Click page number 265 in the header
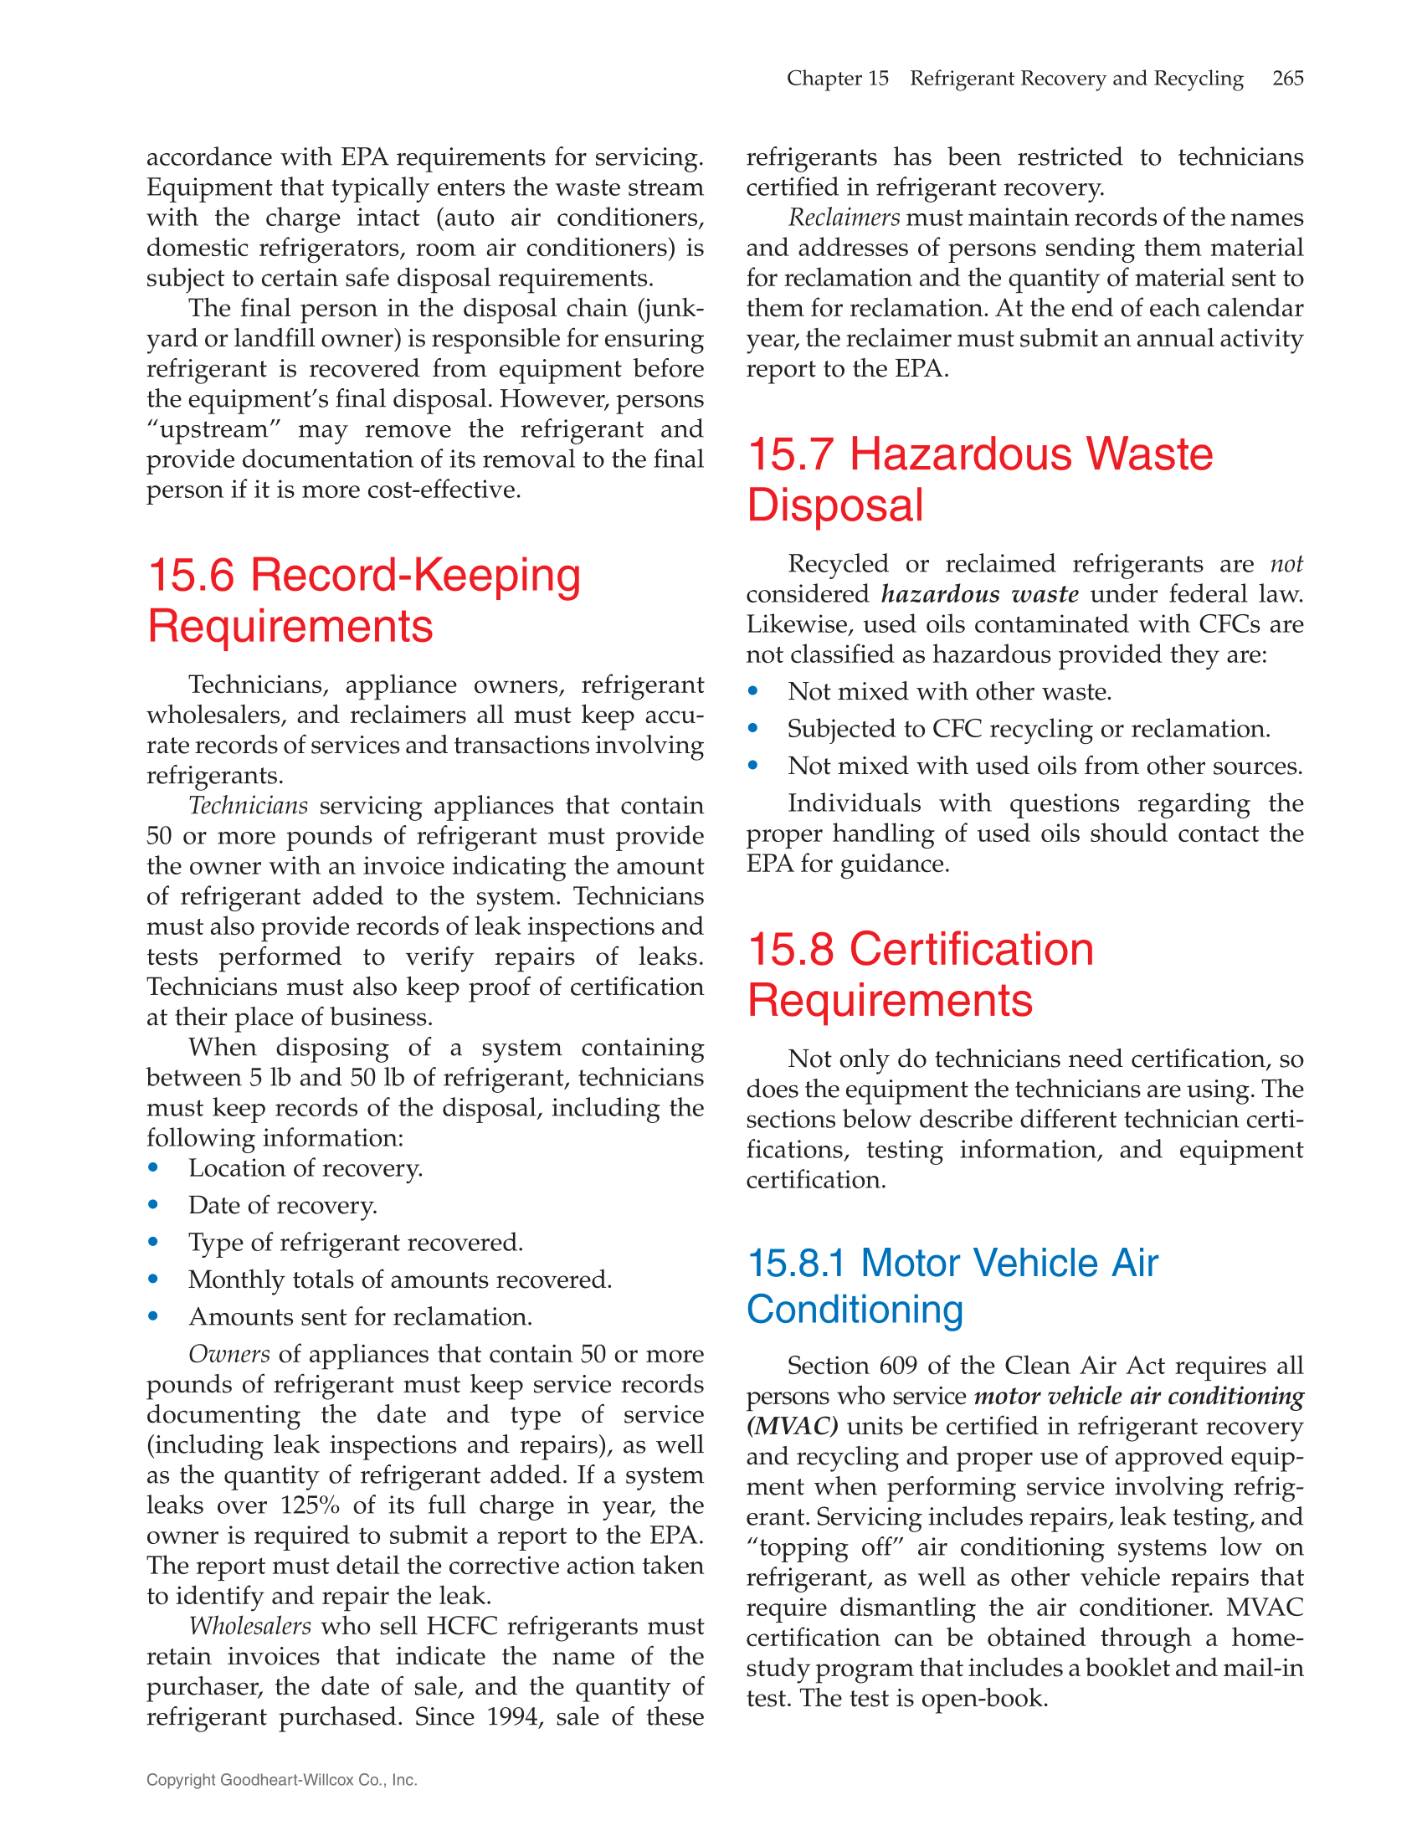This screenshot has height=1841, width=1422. point(1287,79)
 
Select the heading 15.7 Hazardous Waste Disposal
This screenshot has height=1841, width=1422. point(979,479)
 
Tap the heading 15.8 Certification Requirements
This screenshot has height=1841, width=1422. point(921,974)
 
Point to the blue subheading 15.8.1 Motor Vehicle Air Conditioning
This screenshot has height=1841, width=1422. point(952,1285)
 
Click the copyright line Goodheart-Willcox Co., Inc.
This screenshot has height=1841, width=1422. point(281,1779)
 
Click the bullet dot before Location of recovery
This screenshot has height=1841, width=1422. point(153,1168)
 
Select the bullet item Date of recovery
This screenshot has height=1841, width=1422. point(282,1205)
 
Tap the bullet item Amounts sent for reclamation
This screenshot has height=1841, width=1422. point(360,1316)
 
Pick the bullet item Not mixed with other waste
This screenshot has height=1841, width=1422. point(949,692)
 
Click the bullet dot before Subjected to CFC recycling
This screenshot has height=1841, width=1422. point(752,729)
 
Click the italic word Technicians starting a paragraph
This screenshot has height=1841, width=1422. point(248,806)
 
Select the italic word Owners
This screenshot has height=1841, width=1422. point(228,1354)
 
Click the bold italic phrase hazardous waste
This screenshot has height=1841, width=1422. point(979,594)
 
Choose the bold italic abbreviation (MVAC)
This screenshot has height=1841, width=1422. point(792,1426)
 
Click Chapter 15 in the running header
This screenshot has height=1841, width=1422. point(837,79)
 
